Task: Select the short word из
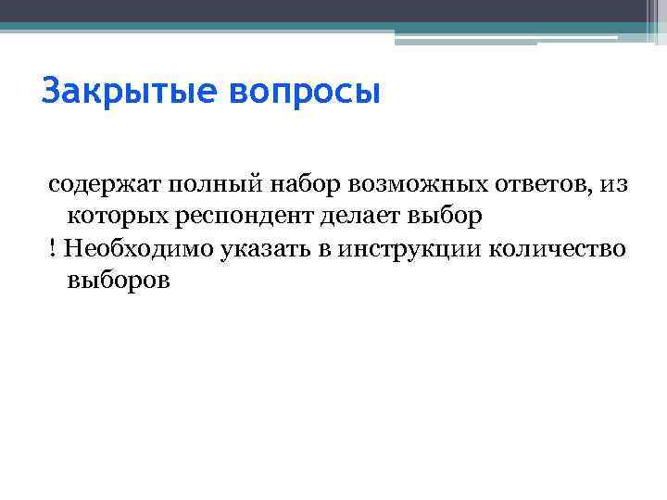click(x=613, y=185)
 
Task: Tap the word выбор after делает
click(x=448, y=217)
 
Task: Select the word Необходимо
click(x=129, y=248)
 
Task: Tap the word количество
click(x=557, y=248)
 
